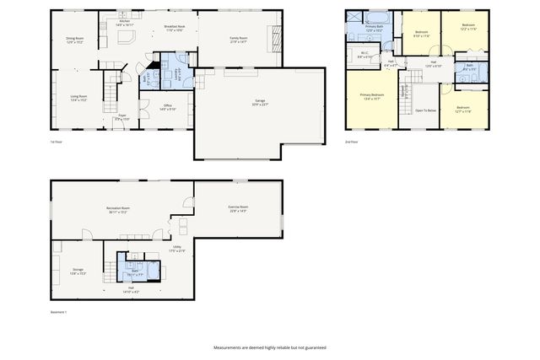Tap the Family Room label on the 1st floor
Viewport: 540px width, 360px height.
click(238, 40)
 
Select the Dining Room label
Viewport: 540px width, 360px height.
click(74, 39)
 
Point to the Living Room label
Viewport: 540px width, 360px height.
click(79, 97)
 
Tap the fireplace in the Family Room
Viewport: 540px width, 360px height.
click(273, 35)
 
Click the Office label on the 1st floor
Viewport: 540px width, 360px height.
click(167, 107)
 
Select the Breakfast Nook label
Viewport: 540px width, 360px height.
click(175, 29)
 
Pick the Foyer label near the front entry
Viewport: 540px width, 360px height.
click(122, 116)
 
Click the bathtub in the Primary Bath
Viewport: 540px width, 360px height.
click(375, 17)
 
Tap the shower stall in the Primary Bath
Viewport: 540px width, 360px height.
click(354, 18)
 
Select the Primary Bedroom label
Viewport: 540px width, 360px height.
click(371, 97)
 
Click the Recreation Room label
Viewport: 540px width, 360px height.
click(117, 209)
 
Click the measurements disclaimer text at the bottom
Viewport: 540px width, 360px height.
click(270, 347)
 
